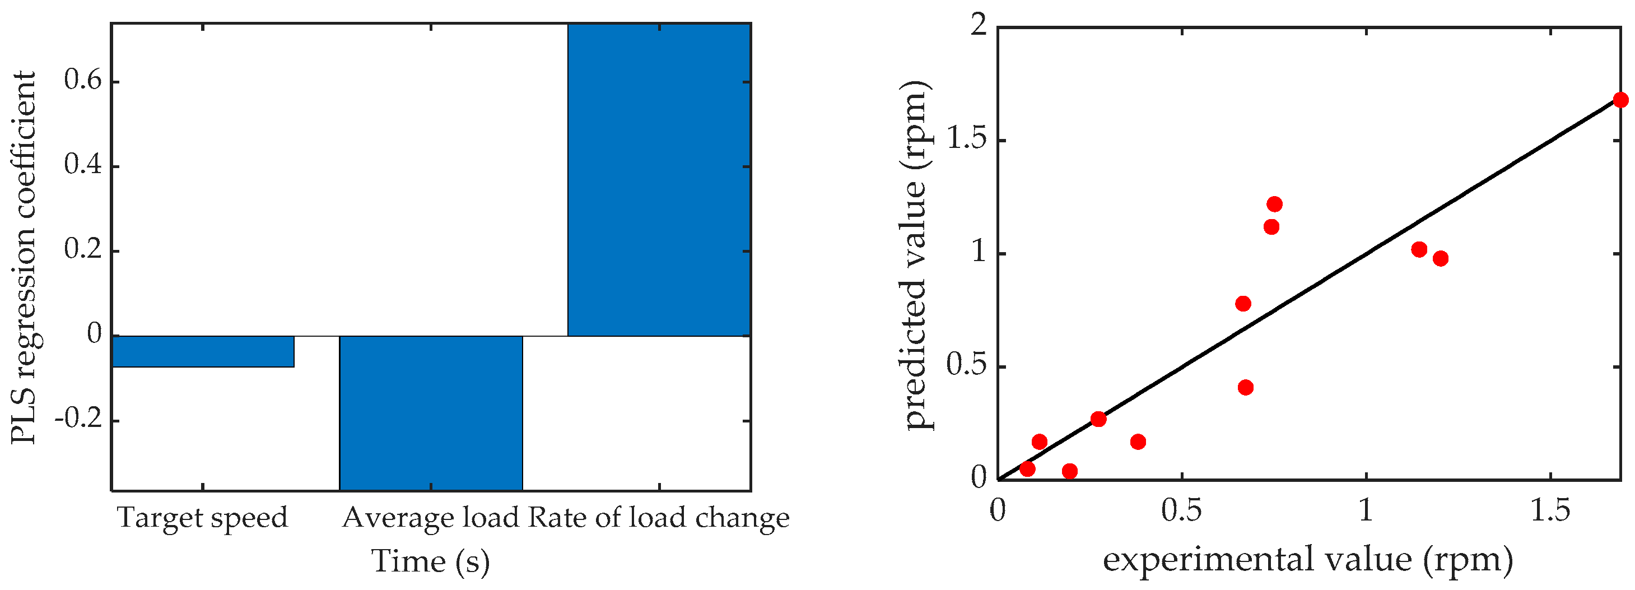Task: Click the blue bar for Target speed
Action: pos(202,351)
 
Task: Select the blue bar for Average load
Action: pos(431,412)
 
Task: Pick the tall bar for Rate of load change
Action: pos(659,180)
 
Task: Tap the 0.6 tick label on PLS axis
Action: pos(83,82)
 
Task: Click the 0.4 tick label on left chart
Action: pos(83,166)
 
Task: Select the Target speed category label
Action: pos(202,518)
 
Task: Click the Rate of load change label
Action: pos(659,518)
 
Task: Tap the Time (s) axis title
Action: pos(430,561)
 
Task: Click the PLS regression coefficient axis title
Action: pos(24,257)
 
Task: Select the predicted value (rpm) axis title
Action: pos(915,256)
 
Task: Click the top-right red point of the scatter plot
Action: pos(1620,100)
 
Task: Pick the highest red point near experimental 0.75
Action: pos(1274,204)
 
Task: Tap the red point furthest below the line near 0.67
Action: pos(1245,387)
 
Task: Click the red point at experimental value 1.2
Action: pos(1440,258)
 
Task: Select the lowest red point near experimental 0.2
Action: pos(1069,471)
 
